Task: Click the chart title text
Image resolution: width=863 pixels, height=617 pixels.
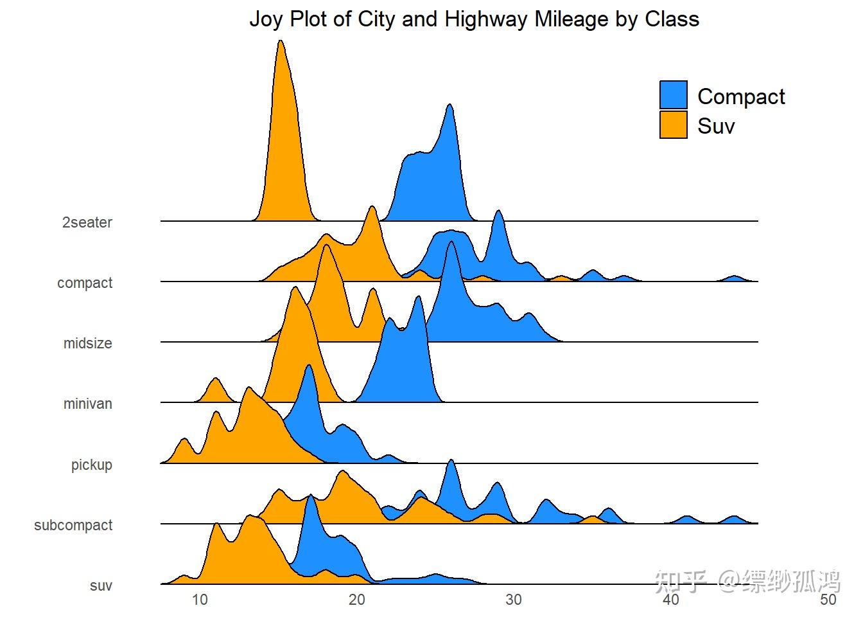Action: click(474, 19)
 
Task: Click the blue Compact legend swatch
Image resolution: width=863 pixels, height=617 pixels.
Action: click(673, 94)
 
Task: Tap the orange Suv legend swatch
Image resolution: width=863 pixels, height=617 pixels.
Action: click(673, 125)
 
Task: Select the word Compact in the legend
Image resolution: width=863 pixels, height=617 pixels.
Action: click(741, 96)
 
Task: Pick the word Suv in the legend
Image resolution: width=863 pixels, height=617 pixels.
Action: click(716, 126)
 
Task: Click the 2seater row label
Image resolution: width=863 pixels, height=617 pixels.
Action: click(87, 222)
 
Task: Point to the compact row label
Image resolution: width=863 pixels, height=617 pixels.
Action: click(85, 283)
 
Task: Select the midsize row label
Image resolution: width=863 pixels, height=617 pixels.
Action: click(88, 343)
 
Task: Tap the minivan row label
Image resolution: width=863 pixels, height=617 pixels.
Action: click(88, 404)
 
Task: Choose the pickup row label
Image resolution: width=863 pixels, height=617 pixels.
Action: click(92, 464)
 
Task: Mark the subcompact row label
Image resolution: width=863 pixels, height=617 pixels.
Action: click(73, 525)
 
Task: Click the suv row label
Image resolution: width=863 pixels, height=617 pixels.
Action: click(101, 586)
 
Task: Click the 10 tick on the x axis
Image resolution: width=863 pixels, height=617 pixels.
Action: click(200, 600)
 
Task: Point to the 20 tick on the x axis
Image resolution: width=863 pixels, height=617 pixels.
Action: click(357, 600)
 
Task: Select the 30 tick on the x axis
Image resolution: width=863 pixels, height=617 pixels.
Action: click(514, 600)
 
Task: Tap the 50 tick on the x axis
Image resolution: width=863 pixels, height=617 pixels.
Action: click(828, 600)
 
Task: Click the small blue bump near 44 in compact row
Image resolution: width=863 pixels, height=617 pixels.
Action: click(735, 278)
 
